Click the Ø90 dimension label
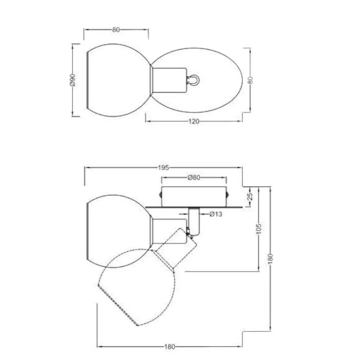pos(72,80)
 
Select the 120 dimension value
pos(194,121)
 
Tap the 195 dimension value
pos(163,168)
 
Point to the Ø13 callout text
pos(216,214)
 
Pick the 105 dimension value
pos(258,229)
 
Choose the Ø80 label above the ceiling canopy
pos(194,177)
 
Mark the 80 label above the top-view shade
pos(116,30)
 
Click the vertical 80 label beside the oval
pos(251,80)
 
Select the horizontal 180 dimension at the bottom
pos(170,347)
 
